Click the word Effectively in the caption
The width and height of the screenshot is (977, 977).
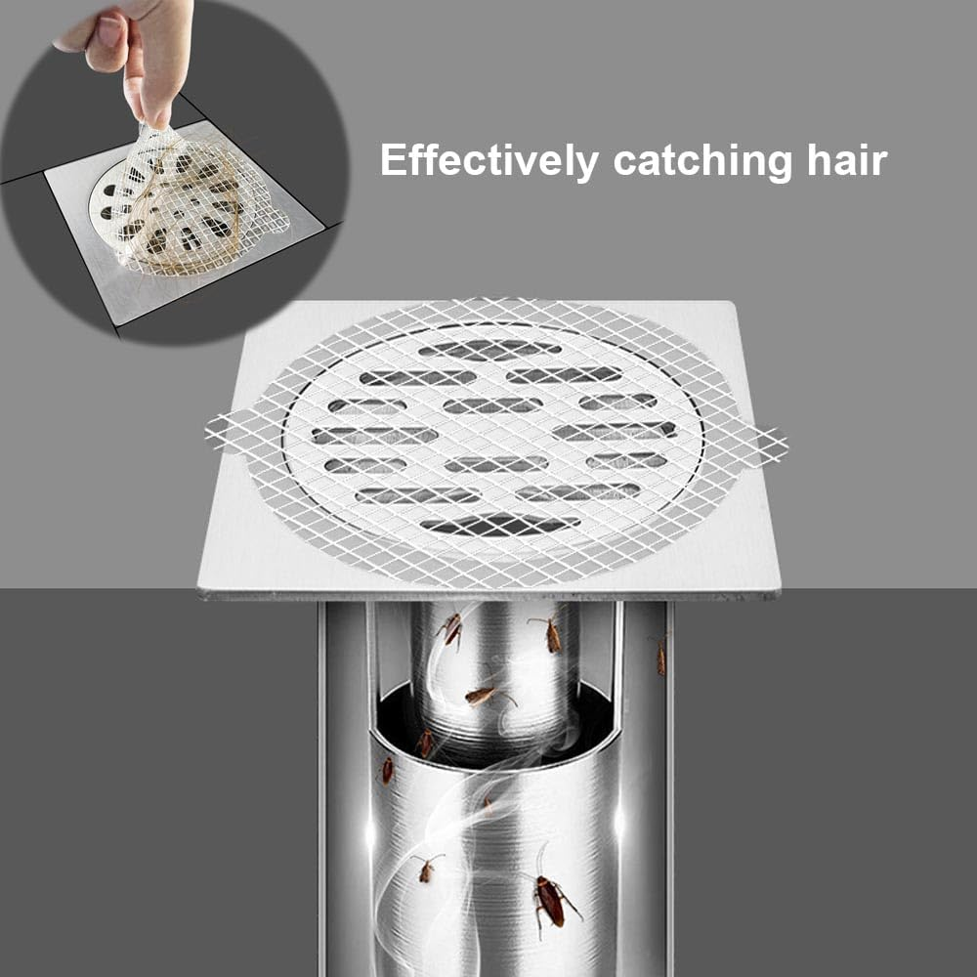[488, 160]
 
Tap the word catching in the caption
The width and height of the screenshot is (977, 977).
[697, 160]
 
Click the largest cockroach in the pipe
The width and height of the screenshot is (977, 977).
[550, 901]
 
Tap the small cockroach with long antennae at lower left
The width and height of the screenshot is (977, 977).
[426, 867]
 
